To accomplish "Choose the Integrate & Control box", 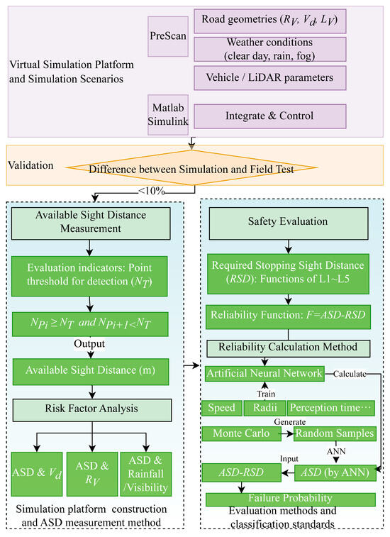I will click(270, 115).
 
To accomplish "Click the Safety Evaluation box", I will click(288, 221).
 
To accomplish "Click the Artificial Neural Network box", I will click(264, 373).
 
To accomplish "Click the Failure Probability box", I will click(288, 499).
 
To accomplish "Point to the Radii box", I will click(264, 408).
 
